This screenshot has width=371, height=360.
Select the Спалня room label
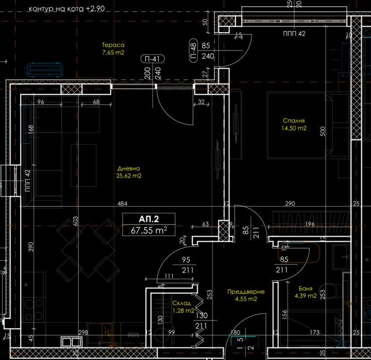294,121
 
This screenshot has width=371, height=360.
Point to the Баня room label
305,289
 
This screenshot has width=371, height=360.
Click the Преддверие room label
245,291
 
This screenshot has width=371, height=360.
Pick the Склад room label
181,303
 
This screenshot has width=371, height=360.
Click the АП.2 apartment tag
149,219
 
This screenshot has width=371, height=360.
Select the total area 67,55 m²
149,230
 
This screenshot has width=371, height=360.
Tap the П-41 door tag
152,59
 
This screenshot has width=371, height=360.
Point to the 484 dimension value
122,204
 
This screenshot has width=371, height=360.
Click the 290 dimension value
290,204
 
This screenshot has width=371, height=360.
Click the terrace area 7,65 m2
112,52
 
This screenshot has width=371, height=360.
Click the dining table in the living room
83,246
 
